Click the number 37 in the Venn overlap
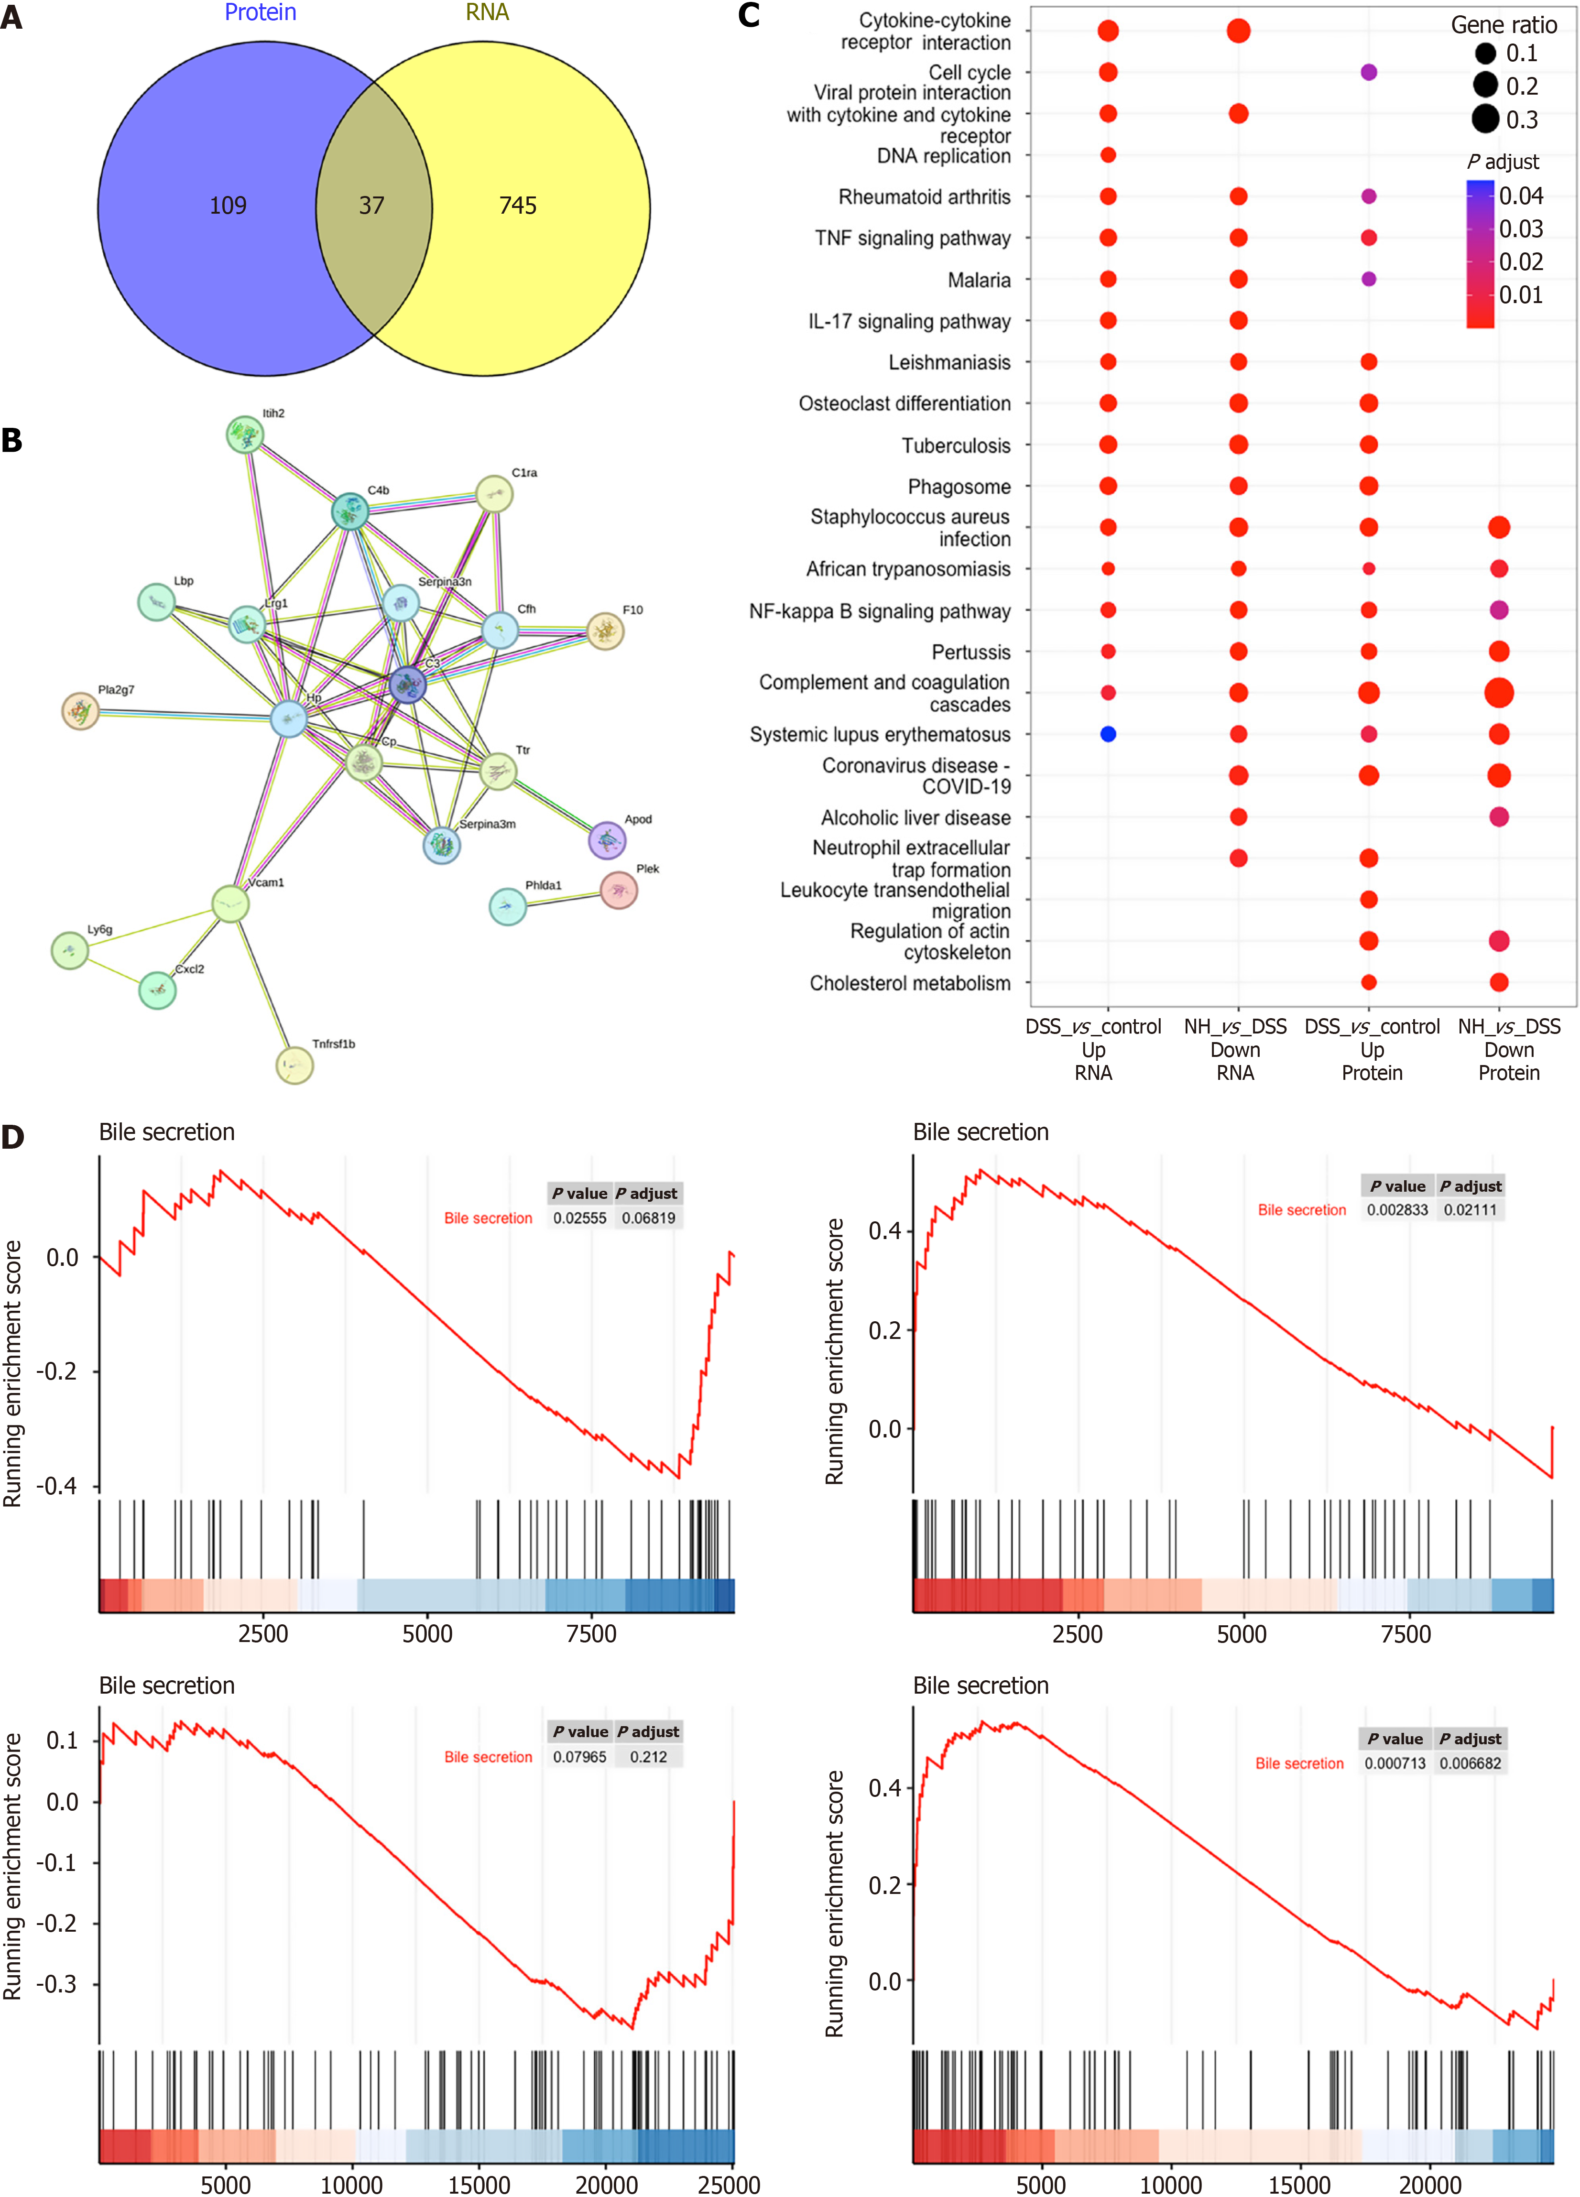tap(372, 206)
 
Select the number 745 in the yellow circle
tap(517, 206)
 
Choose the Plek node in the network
tap(619, 889)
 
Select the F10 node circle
tap(605, 631)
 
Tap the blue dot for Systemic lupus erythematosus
tap(1108, 734)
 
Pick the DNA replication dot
tap(1108, 155)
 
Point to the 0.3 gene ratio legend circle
tap(1485, 119)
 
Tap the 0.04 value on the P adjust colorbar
tap(1521, 196)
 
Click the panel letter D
tap(12, 1136)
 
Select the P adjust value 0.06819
tap(648, 1218)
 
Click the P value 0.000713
tap(1395, 1763)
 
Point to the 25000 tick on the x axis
tap(729, 2185)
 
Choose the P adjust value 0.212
tap(648, 1756)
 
